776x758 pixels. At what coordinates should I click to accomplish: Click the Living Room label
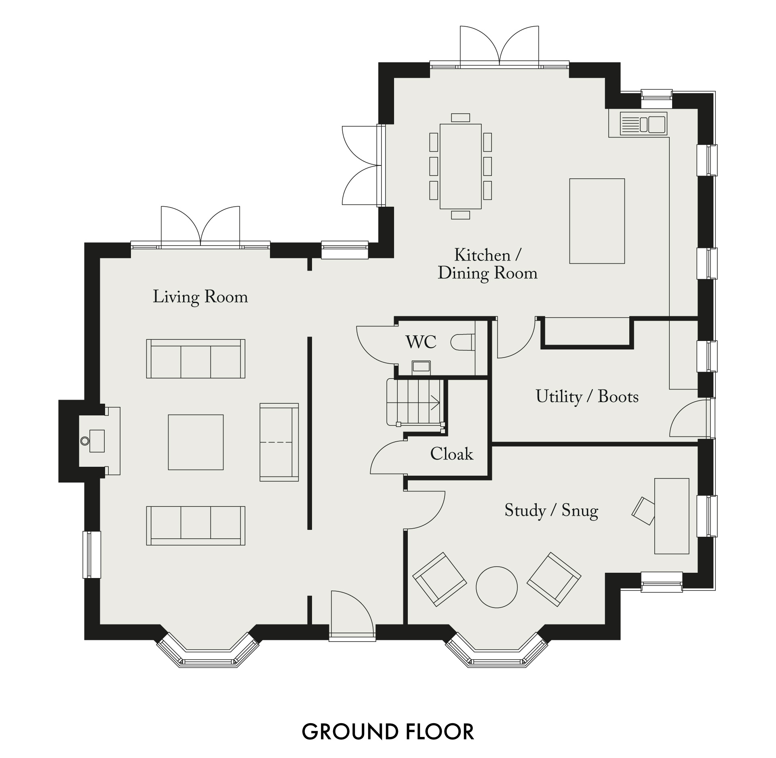coord(200,297)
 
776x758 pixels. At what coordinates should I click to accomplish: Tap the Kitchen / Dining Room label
coord(488,265)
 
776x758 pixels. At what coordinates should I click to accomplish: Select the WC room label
coord(421,342)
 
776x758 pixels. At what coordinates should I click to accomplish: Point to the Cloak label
coord(451,454)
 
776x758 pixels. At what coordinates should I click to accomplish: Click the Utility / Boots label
coord(587,397)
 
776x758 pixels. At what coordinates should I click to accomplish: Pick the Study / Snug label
coord(551,511)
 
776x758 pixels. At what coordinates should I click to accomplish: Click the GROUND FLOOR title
coord(388,731)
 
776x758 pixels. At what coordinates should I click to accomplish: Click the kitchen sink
coord(643,123)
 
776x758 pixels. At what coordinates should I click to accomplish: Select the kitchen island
coord(597,221)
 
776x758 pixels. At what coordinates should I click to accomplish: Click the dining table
coord(461,166)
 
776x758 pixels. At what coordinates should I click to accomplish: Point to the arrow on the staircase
coord(435,403)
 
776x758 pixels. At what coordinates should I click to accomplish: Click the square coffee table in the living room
coord(196,442)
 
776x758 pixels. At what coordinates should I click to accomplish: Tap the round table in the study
coord(497,587)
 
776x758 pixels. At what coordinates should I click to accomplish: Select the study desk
coord(672,516)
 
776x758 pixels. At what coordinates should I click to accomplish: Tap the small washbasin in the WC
coord(421,366)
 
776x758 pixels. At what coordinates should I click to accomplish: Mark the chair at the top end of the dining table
coord(461,118)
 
